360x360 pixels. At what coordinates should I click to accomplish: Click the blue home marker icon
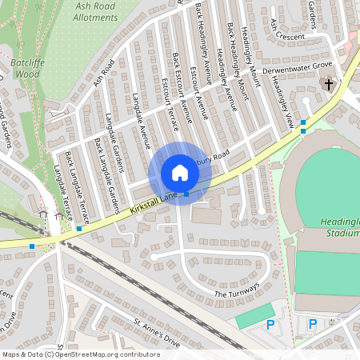[179, 173]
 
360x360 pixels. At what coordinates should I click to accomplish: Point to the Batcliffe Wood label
[26, 67]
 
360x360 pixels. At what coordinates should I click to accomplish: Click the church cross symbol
[327, 84]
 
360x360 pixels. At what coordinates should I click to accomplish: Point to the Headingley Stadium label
[342, 228]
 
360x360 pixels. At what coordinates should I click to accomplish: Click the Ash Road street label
[104, 72]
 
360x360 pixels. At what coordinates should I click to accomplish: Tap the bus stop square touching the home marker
[186, 194]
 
